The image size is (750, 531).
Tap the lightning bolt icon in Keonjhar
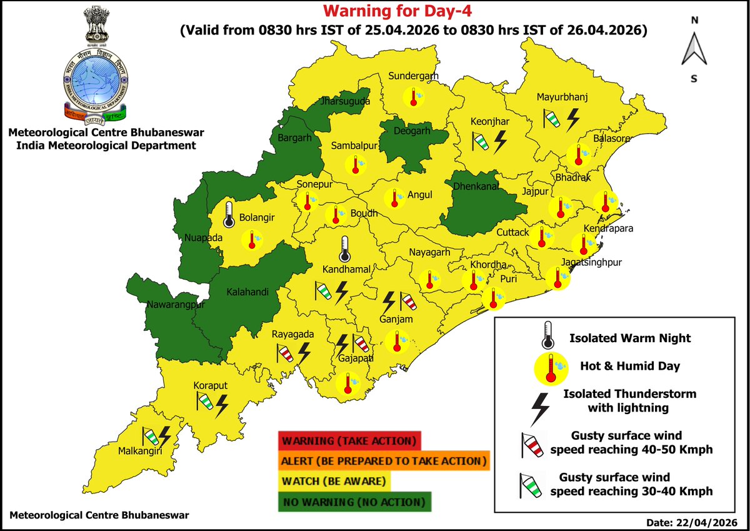coord(500,142)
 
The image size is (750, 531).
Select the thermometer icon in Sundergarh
coord(412,97)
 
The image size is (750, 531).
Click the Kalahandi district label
coord(244,293)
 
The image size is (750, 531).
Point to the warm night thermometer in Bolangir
coord(229,213)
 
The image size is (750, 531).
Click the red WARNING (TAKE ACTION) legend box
coord(349,440)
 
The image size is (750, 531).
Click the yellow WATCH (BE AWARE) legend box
coord(336,482)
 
